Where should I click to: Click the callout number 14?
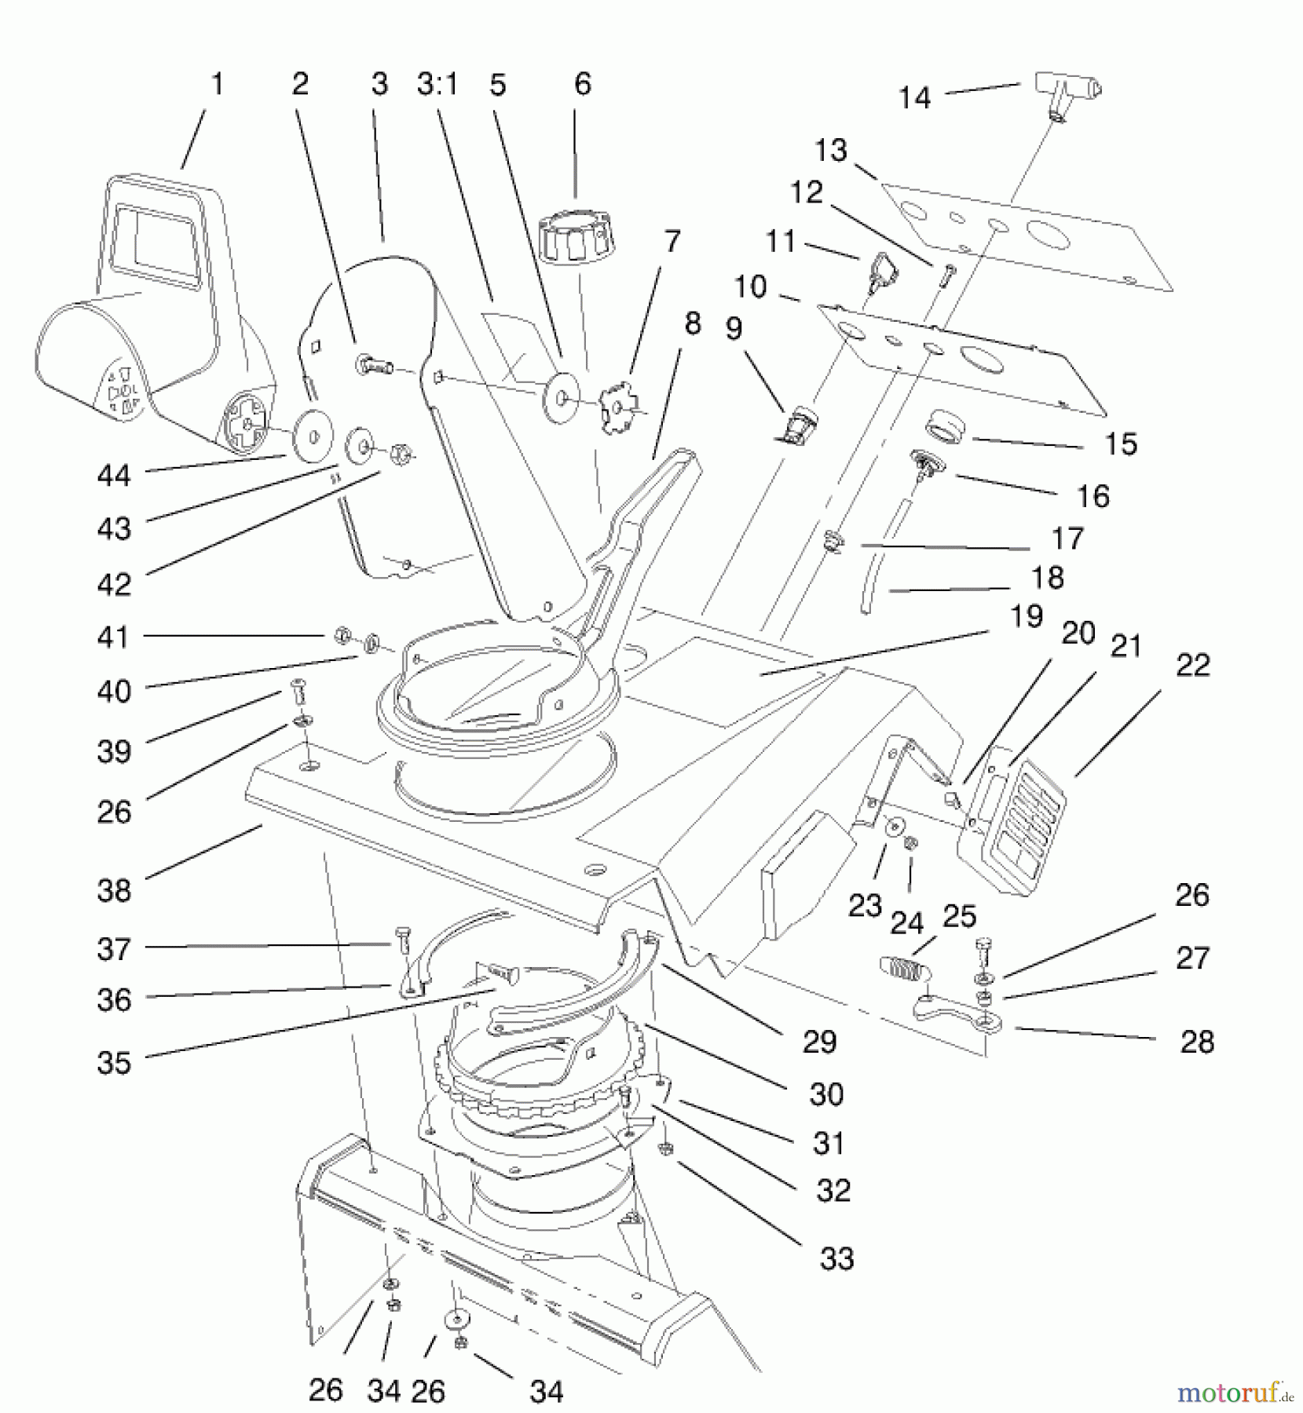pyautogui.click(x=914, y=98)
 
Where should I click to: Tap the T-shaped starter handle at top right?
pyautogui.click(x=1067, y=86)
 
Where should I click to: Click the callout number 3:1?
pyautogui.click(x=437, y=84)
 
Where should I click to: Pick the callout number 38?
pyautogui.click(x=114, y=890)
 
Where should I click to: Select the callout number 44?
pyautogui.click(x=114, y=475)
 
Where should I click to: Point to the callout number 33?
pyautogui.click(x=836, y=1258)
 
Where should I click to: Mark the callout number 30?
pyautogui.click(x=826, y=1094)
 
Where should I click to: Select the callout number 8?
pyautogui.click(x=693, y=323)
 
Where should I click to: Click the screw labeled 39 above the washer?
pyautogui.click(x=298, y=690)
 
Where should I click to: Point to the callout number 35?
pyautogui.click(x=114, y=1063)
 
